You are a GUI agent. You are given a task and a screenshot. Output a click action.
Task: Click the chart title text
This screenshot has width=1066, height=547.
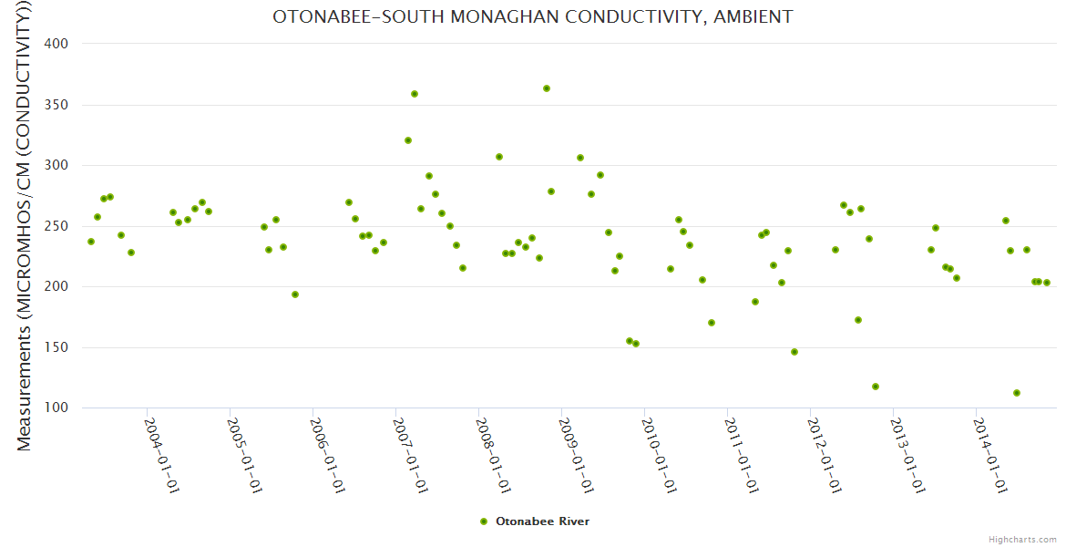pos(532,16)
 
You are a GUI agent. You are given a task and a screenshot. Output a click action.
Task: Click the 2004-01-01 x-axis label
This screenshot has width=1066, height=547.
pos(161,456)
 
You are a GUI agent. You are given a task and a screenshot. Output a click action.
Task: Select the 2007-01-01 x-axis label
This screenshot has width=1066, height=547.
pos(410,456)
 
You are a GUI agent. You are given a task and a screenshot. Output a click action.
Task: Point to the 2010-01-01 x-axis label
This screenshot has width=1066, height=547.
pos(659,456)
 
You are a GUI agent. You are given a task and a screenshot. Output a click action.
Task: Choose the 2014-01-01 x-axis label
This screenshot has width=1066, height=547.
pos(990,456)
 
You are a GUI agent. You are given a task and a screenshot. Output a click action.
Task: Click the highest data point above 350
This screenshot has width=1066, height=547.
pos(547,88)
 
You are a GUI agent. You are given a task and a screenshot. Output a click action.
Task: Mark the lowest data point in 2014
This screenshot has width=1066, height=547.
pos(1017,393)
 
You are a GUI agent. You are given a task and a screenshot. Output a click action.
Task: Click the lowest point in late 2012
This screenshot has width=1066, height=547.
pos(876,387)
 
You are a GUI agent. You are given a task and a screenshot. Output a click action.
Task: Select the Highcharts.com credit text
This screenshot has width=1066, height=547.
pos(1022,540)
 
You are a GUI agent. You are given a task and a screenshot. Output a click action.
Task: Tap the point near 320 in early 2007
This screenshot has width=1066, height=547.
pos(408,140)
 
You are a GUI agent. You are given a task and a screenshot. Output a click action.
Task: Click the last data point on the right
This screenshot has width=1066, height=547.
pos(1047,283)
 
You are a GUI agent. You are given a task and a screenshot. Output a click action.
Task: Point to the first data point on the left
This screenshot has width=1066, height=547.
pos(91,242)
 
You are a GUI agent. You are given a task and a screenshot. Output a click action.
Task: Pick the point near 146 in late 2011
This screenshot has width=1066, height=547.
pos(794,352)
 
